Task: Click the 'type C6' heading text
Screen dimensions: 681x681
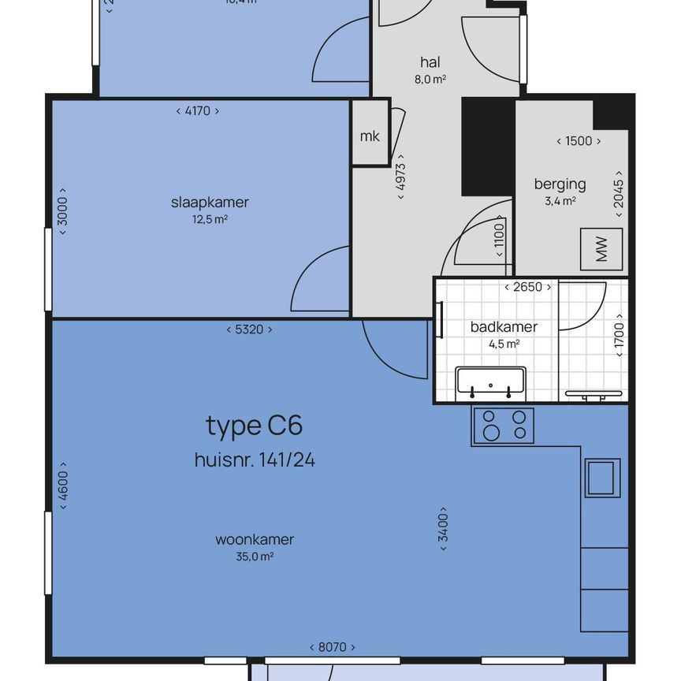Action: [254, 426]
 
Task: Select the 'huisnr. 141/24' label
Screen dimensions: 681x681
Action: [254, 460]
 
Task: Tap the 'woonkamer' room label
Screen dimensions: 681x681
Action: [254, 540]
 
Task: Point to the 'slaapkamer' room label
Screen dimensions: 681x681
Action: [210, 203]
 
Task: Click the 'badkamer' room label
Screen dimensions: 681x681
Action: [504, 327]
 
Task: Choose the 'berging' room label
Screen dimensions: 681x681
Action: [560, 184]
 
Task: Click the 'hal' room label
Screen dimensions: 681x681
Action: [430, 62]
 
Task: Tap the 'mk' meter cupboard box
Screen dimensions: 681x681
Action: [370, 136]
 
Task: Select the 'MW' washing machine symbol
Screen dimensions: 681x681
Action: [601, 250]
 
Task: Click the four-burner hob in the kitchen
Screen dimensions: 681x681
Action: [503, 426]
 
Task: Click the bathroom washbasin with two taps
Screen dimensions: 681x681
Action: [490, 382]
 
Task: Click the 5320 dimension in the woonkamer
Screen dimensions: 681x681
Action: [248, 329]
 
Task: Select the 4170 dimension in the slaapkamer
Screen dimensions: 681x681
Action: [197, 111]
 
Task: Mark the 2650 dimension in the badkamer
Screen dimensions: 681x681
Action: [527, 287]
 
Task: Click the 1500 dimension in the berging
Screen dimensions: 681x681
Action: [579, 141]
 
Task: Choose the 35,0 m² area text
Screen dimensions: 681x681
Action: [254, 556]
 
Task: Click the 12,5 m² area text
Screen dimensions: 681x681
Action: [210, 219]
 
